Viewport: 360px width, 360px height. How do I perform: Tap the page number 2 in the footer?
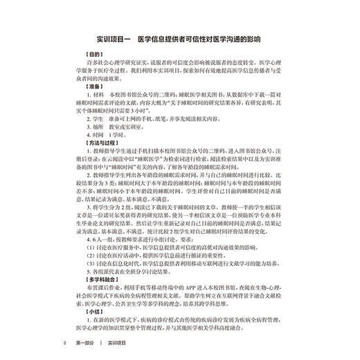64,343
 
